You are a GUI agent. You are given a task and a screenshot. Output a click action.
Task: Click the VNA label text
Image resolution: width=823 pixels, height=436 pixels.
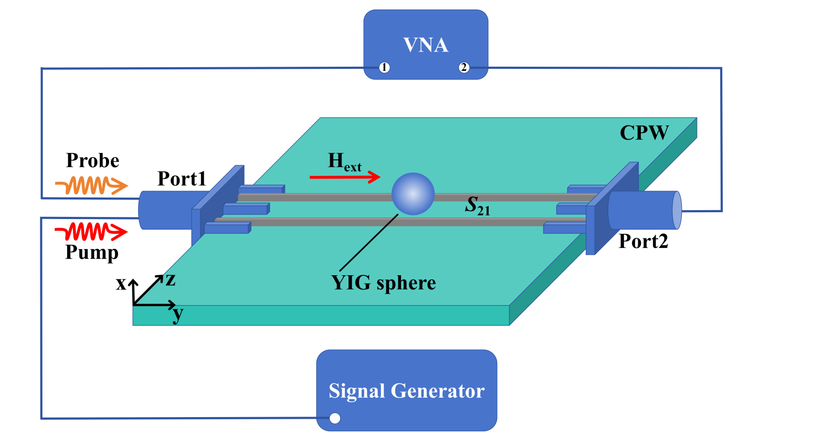pos(426,45)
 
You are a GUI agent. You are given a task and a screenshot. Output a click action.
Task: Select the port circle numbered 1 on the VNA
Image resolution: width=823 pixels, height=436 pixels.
pos(385,68)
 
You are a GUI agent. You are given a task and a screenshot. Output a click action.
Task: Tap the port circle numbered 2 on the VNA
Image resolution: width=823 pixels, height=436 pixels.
pos(463,68)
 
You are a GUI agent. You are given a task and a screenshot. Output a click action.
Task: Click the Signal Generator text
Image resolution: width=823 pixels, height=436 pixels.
pos(406,391)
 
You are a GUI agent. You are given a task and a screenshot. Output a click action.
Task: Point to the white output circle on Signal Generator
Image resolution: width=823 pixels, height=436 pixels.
pos(335,418)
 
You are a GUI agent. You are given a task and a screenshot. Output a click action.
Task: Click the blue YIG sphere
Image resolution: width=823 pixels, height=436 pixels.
pos(413,194)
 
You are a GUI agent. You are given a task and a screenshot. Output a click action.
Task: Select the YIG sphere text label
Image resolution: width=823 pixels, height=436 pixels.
pos(383,283)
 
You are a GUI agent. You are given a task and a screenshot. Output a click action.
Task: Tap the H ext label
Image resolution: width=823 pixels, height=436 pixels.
pos(344,161)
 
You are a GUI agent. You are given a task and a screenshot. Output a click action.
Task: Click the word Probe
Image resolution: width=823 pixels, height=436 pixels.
pos(92,160)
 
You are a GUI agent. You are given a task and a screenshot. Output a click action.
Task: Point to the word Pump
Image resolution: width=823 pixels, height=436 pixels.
pos(92,253)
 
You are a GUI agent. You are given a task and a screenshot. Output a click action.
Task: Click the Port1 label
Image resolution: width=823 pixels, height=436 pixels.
pos(182,179)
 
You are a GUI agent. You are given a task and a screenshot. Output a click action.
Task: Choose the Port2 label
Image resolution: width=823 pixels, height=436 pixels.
pos(643,241)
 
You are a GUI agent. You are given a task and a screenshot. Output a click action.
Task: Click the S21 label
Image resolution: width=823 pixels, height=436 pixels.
pos(477,205)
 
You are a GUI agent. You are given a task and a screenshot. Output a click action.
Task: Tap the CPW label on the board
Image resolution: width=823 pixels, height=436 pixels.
pos(644,133)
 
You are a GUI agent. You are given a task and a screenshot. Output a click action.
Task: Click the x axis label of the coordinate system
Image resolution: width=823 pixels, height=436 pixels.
pos(121,284)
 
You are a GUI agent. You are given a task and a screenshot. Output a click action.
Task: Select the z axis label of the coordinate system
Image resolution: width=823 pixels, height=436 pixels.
pos(171,279)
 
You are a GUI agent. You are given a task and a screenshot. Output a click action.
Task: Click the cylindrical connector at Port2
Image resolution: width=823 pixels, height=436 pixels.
pos(646,210)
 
